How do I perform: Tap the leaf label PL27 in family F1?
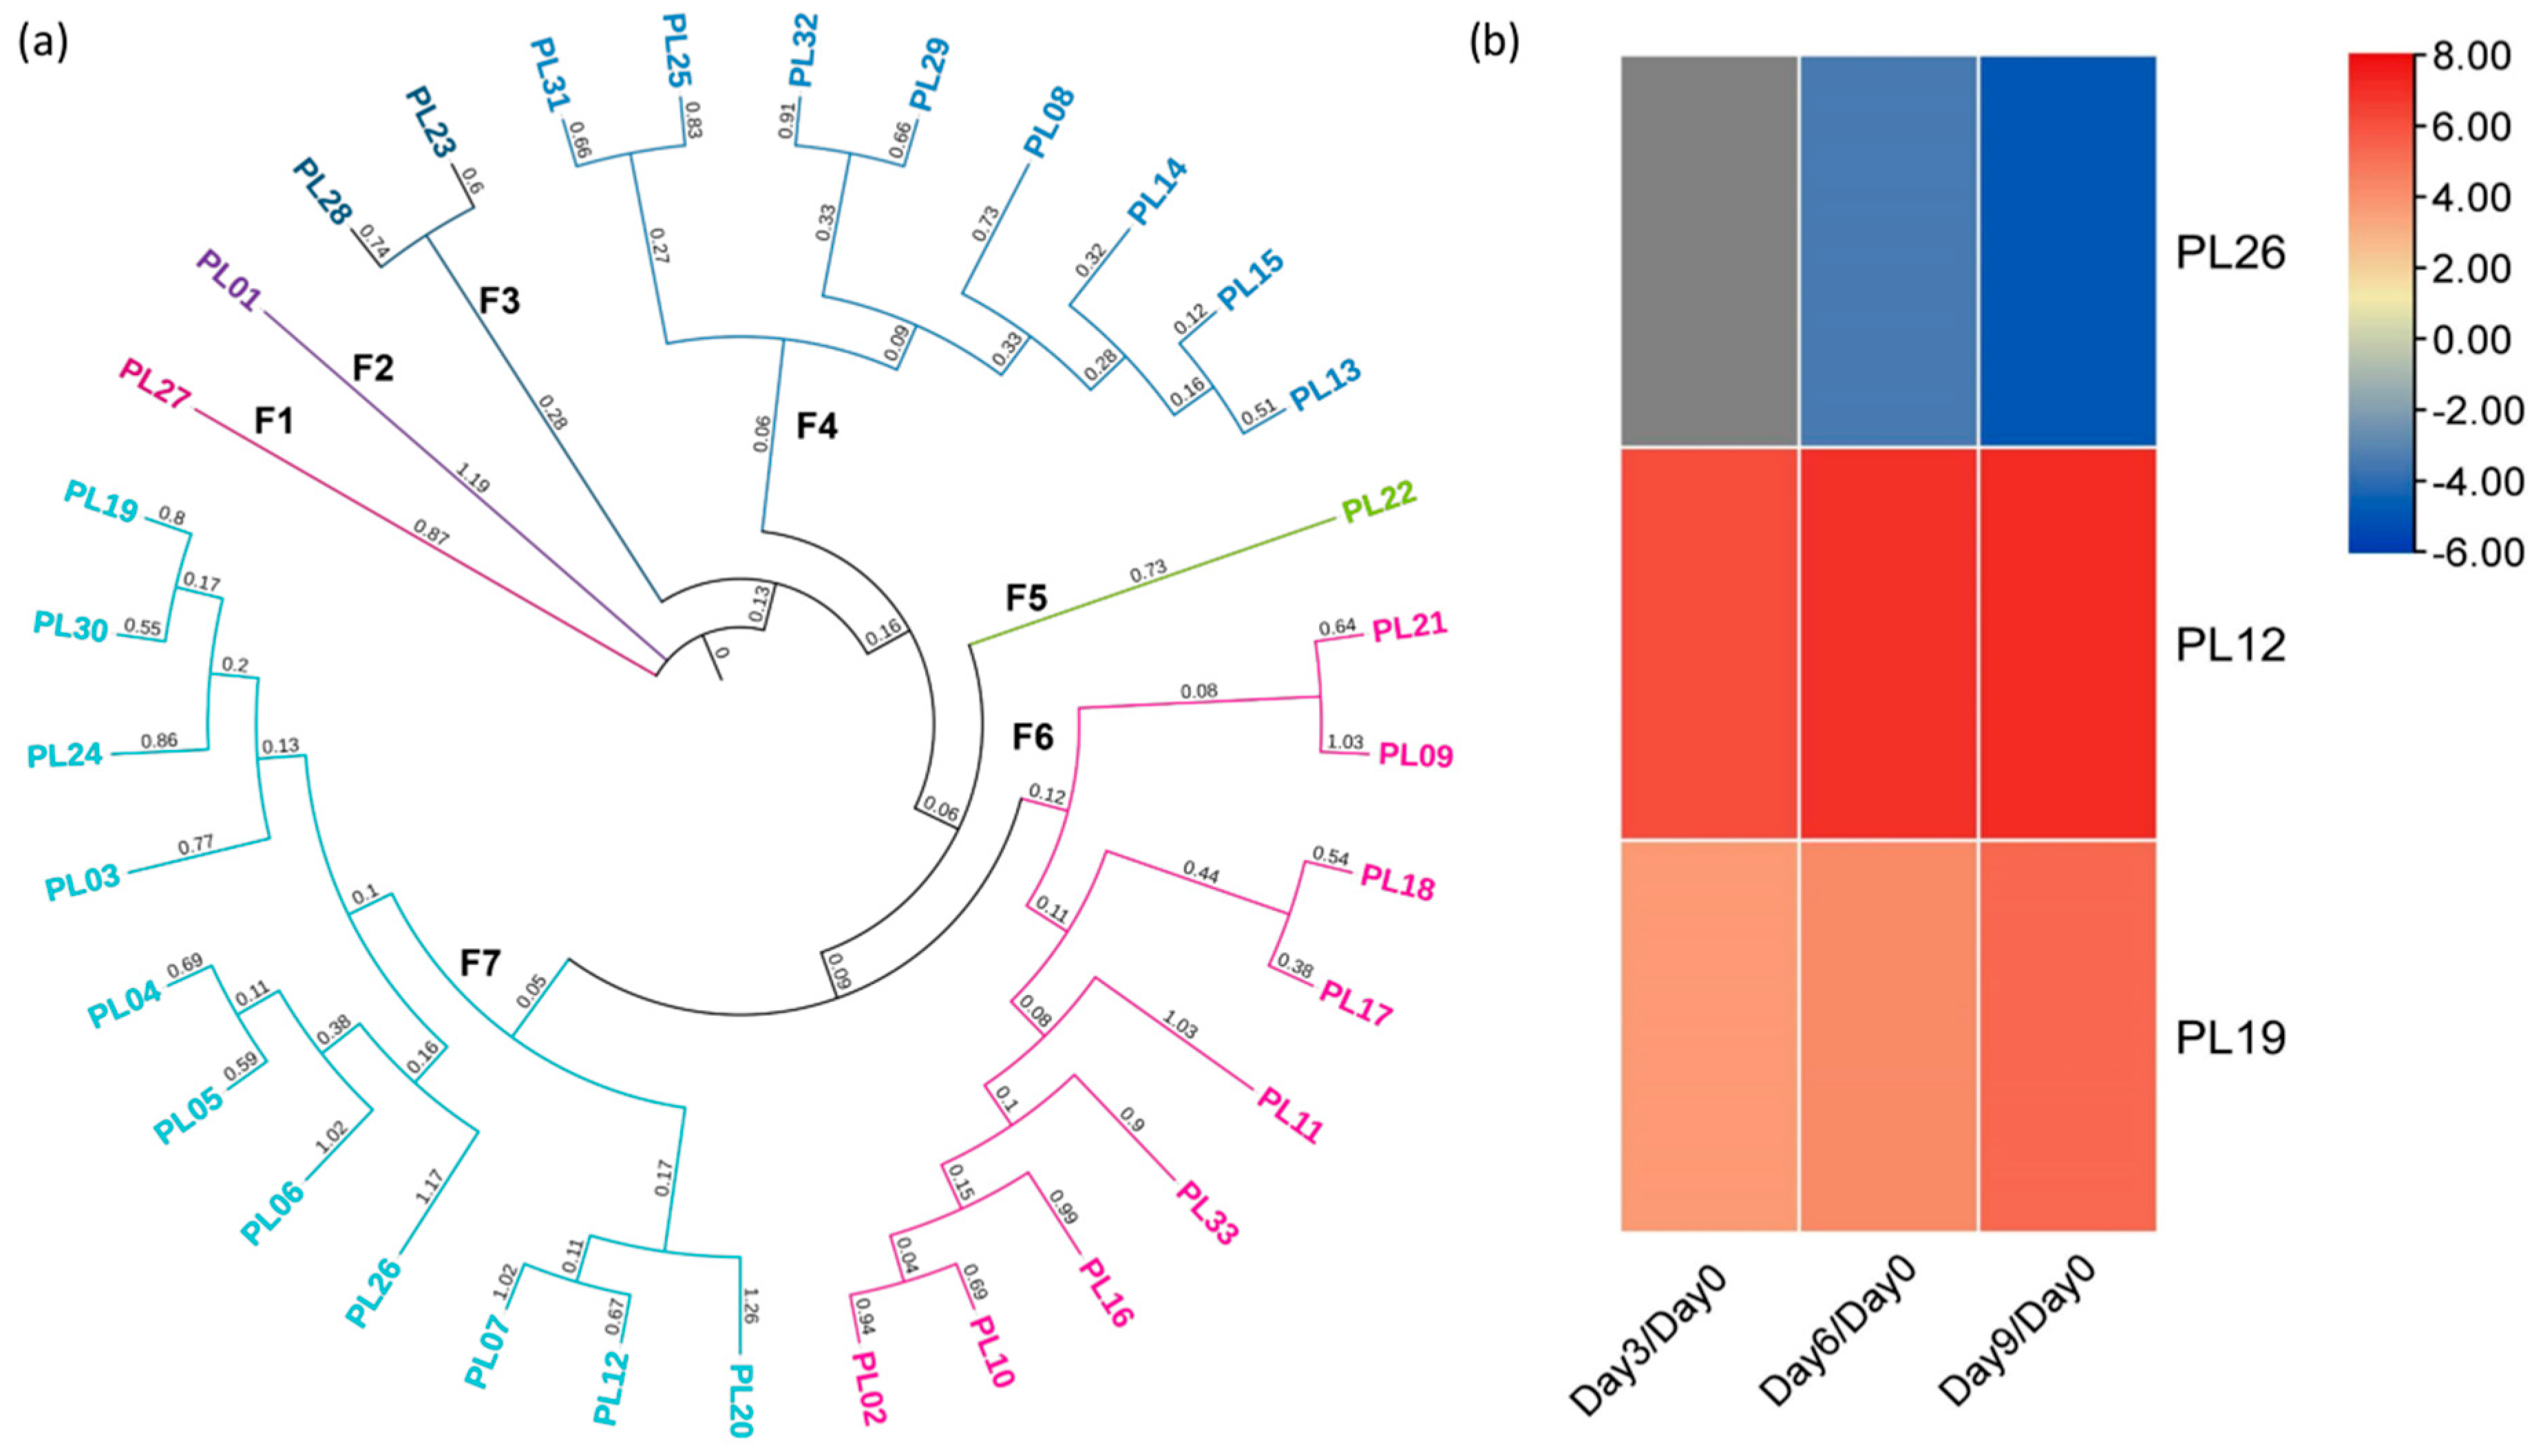click(x=155, y=383)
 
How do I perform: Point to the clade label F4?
click(x=816, y=427)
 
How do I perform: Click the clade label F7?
click(x=479, y=963)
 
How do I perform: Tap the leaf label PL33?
click(x=1208, y=1213)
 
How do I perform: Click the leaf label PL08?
click(x=1050, y=122)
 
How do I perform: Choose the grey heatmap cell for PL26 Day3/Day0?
click(x=1708, y=250)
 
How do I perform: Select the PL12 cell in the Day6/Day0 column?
click(x=1888, y=643)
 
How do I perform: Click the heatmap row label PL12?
click(x=2230, y=645)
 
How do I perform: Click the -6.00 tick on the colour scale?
click(x=2469, y=551)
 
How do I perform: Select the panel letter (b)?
click(x=1493, y=43)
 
